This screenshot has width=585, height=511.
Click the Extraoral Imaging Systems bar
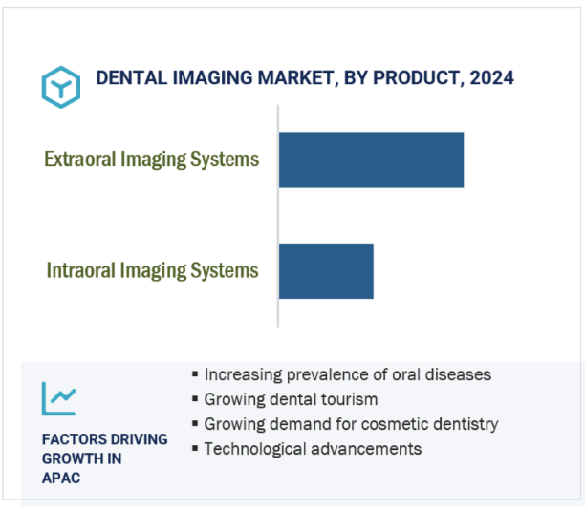371,160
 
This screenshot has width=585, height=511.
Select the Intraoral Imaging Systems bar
326,271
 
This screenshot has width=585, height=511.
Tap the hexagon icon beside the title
61,87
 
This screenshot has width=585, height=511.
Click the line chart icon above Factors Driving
59,399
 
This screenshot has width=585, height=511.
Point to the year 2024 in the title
491,78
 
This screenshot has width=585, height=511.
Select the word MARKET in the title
296,78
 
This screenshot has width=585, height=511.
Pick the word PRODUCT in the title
417,78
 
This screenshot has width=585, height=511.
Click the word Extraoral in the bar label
80,160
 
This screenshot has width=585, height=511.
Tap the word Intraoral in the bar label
81,270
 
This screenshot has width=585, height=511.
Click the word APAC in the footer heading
61,479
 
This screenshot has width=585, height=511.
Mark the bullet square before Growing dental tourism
195,399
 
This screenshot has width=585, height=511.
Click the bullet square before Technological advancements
195,448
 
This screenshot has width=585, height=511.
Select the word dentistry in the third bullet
466,425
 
